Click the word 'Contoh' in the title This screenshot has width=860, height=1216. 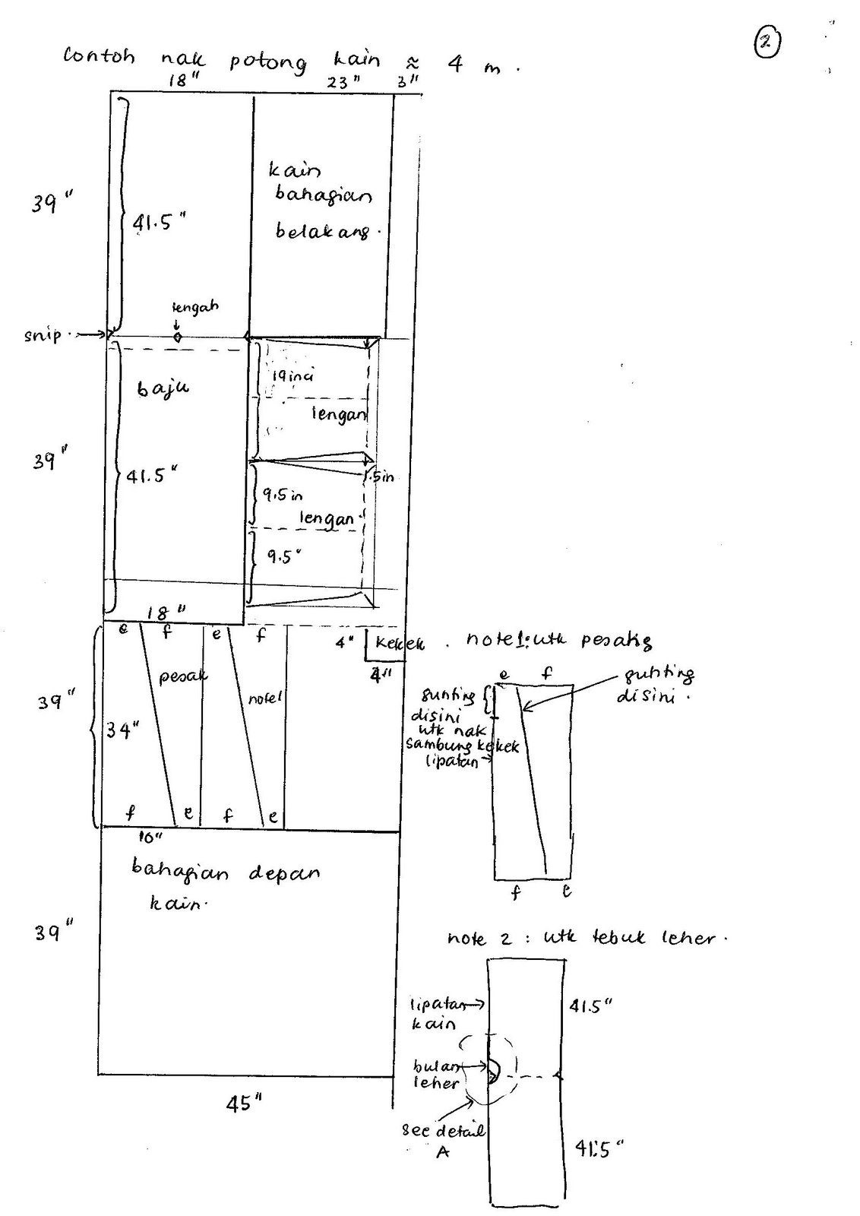[99, 58]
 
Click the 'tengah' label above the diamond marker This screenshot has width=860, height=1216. [195, 307]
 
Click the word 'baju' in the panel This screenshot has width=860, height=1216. [163, 388]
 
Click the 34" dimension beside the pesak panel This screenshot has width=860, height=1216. [122, 731]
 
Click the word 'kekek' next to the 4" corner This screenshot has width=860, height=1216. [400, 644]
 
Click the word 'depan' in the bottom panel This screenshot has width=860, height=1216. [284, 874]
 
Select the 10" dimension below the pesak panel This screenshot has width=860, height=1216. [151, 838]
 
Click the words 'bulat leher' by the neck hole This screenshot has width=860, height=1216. [436, 1074]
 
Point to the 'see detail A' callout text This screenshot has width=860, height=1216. [443, 1141]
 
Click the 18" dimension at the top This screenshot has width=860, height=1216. [179, 81]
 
